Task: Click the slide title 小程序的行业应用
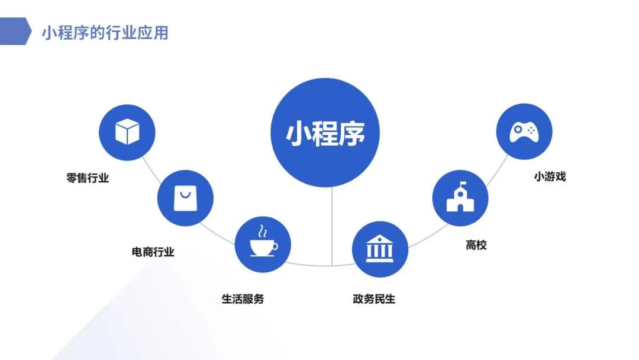(x=105, y=33)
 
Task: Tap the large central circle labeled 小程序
(x=325, y=133)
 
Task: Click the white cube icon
(x=127, y=131)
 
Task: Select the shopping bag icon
(x=185, y=198)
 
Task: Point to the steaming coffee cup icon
(x=263, y=241)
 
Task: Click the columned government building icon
(x=380, y=248)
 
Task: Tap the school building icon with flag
(x=460, y=197)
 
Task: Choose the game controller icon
(x=524, y=131)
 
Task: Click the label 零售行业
(x=88, y=178)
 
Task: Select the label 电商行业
(x=153, y=252)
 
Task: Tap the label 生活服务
(x=243, y=299)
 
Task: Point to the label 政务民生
(x=374, y=299)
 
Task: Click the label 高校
(x=476, y=245)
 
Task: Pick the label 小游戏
(x=550, y=176)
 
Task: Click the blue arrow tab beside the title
(x=15, y=31)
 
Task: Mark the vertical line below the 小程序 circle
(x=332, y=226)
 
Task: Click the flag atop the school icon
(x=463, y=184)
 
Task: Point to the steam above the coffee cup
(x=263, y=231)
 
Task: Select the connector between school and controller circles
(x=497, y=171)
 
